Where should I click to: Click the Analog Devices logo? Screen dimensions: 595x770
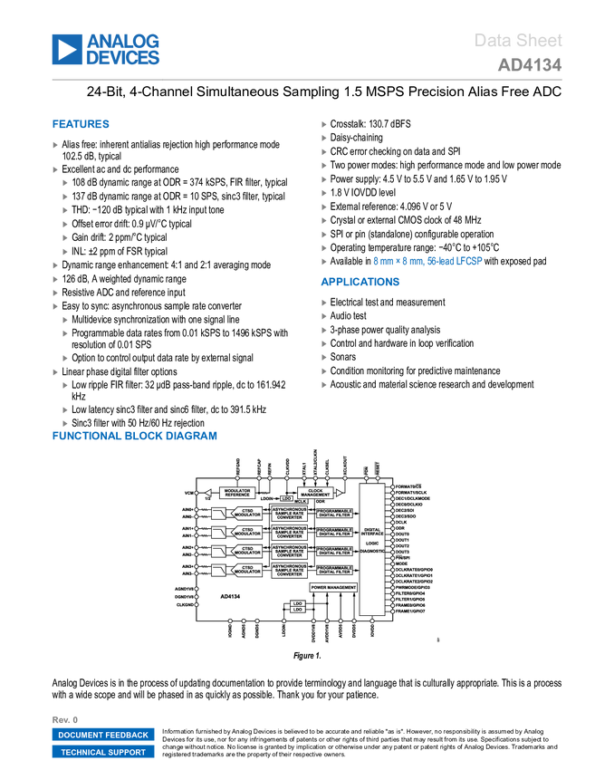click(x=106, y=49)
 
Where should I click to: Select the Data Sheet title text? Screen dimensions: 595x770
click(x=518, y=41)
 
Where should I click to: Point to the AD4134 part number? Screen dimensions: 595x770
click(x=530, y=65)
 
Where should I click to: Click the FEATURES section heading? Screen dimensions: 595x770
click(x=82, y=125)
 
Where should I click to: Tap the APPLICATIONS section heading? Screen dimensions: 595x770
click(x=360, y=282)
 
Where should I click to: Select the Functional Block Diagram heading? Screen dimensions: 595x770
click(x=135, y=436)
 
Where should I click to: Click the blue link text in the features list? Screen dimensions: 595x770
click(x=428, y=261)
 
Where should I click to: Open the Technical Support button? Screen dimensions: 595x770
click(x=103, y=752)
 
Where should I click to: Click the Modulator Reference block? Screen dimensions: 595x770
click(x=236, y=493)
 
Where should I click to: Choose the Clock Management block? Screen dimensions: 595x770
click(x=315, y=493)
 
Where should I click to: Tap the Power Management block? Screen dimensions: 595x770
click(x=333, y=587)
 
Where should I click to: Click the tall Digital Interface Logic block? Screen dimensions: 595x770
click(x=372, y=549)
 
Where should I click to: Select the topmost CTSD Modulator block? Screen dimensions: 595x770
click(x=247, y=514)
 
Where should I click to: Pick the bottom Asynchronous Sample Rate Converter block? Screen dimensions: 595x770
click(x=289, y=571)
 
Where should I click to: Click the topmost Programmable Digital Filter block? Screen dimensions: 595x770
click(x=334, y=513)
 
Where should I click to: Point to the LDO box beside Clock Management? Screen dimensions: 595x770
click(x=286, y=497)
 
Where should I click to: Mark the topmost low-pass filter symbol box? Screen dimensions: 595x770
click(x=218, y=515)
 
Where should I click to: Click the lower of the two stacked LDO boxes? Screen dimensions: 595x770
click(x=297, y=610)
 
